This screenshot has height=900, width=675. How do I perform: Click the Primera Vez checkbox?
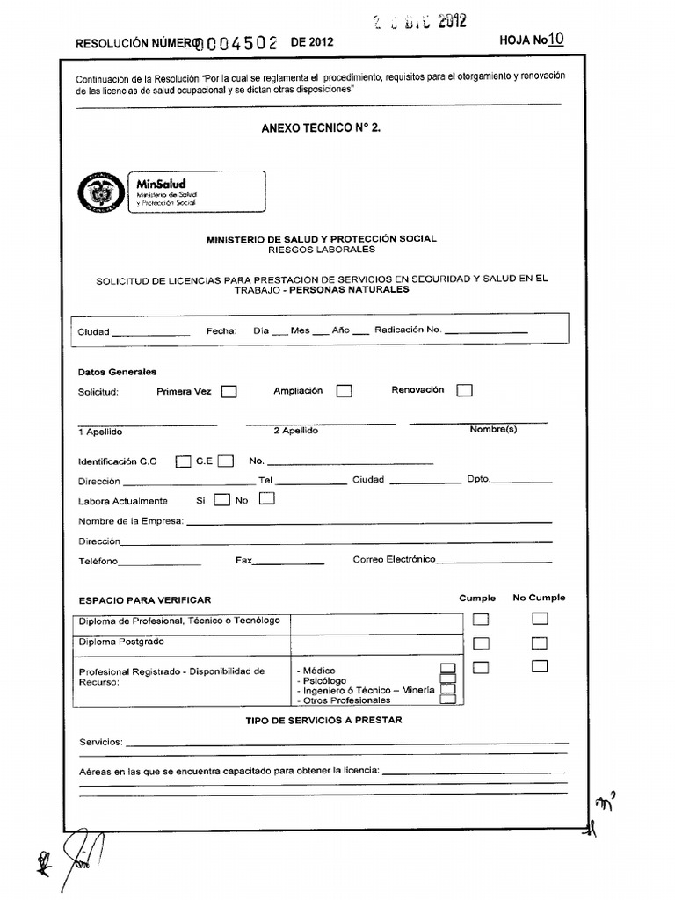tap(229, 392)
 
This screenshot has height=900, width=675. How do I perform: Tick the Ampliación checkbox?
tap(345, 391)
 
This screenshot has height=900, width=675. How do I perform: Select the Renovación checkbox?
tap(465, 390)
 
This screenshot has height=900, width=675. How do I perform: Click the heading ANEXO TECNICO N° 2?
tap(321, 127)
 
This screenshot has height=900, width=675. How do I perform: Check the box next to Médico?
tap(448, 670)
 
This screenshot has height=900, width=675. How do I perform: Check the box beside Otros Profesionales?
tap(448, 700)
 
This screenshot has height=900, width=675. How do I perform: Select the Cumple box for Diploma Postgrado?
tap(481, 642)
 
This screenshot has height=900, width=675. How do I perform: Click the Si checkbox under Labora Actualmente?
tap(222, 500)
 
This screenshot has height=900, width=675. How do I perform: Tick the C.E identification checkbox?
tap(226, 460)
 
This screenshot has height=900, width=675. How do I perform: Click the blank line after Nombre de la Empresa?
tap(369, 523)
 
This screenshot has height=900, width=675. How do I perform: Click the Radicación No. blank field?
tap(486, 332)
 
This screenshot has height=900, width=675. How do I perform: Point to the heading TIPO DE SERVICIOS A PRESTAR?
tap(323, 720)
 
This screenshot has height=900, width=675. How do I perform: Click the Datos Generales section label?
tap(117, 372)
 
